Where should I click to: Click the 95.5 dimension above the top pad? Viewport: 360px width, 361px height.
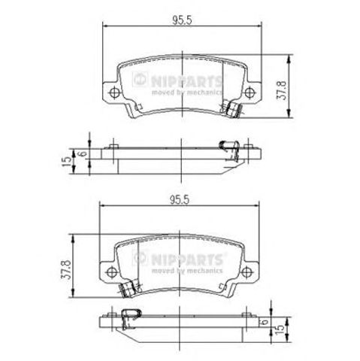pyautogui.click(x=182, y=20)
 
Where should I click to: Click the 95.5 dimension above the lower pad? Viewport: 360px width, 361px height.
pyautogui.click(x=180, y=200)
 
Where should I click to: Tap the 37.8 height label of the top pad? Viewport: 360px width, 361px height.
pyautogui.click(x=281, y=90)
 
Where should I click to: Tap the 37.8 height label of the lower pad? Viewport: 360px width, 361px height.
pyautogui.click(x=65, y=270)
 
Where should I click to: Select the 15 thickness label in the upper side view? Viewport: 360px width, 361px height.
pyautogui.click(x=66, y=162)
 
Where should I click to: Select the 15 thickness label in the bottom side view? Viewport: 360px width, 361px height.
pyautogui.click(x=280, y=329)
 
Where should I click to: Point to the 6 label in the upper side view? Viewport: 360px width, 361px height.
pyautogui.click(x=83, y=153)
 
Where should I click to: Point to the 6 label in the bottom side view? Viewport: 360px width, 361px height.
pyautogui.click(x=265, y=321)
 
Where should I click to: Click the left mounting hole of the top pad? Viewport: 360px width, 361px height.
pyautogui.click(x=114, y=93)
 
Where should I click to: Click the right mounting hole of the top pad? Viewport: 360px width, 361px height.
pyautogui.click(x=250, y=93)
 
